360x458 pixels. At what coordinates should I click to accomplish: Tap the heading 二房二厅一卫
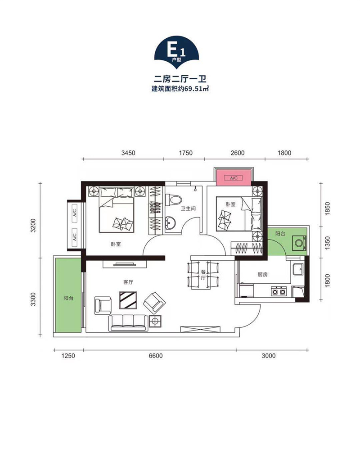pos(180,79)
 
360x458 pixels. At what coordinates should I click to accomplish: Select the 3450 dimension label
pos(128,153)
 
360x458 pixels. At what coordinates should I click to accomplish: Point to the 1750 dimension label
pos(186,153)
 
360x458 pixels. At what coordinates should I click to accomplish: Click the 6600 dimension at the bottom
pos(156,356)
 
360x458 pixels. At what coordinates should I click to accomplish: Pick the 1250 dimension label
pos(68,356)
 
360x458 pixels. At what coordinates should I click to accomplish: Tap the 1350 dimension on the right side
pos(327,243)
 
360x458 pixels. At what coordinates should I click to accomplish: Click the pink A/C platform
pos(233,177)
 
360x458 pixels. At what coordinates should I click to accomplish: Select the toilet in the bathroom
pos(173,200)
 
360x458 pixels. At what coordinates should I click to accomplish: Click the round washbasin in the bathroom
pos(170,223)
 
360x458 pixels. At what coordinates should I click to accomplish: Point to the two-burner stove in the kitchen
pos(279,291)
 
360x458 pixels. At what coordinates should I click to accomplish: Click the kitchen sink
pos(298,269)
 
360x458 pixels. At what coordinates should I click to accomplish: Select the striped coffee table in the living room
pos(128,300)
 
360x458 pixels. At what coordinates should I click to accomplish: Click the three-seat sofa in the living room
pos(128,322)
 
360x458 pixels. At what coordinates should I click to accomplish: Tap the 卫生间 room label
pos(188,209)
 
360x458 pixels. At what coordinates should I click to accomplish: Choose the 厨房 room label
pos(262,275)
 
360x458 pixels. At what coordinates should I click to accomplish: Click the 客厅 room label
pos(128,282)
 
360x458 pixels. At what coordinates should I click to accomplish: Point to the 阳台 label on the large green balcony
pos(68,298)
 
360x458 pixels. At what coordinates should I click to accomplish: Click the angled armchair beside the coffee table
pos(154,303)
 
